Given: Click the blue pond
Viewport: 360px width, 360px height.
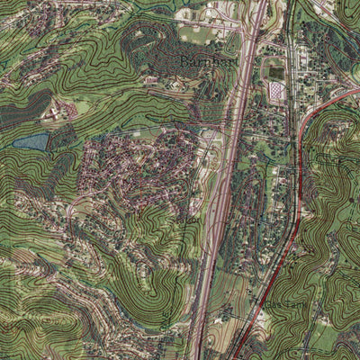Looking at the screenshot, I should [31, 141].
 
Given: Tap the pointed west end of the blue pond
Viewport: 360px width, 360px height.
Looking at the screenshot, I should [13, 144].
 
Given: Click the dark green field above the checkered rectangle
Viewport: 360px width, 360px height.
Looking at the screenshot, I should [274, 72].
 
